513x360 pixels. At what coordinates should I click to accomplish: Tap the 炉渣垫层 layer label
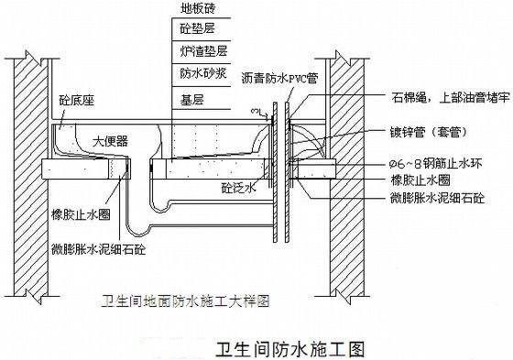195,49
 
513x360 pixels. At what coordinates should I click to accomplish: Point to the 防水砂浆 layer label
195,71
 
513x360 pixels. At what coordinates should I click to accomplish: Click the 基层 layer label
188,93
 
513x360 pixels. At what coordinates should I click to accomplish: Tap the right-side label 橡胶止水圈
419,180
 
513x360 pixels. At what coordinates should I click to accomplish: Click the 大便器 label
110,140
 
